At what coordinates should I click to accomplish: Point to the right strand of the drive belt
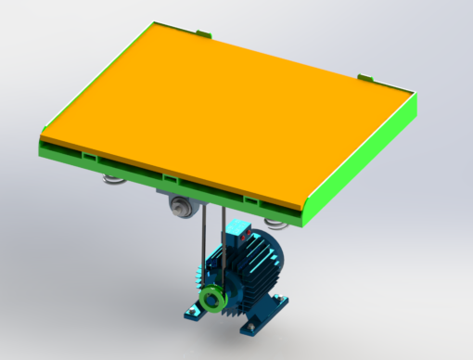[222, 246]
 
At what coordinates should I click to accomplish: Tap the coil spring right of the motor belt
[274, 223]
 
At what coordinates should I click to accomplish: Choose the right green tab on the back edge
[364, 76]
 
